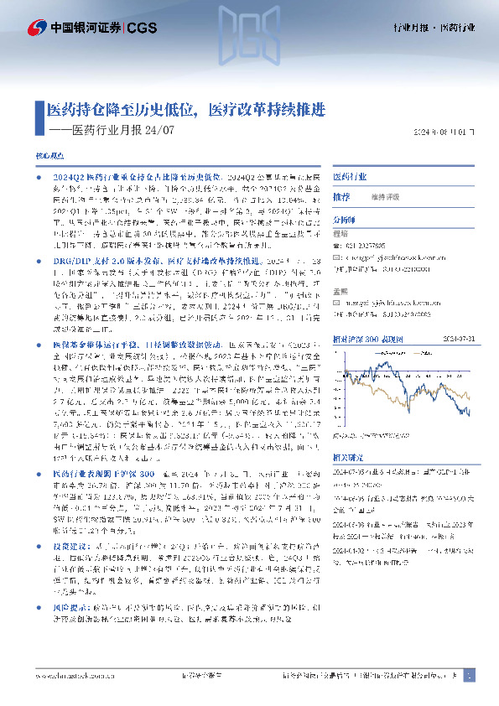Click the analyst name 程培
[x=340, y=235]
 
